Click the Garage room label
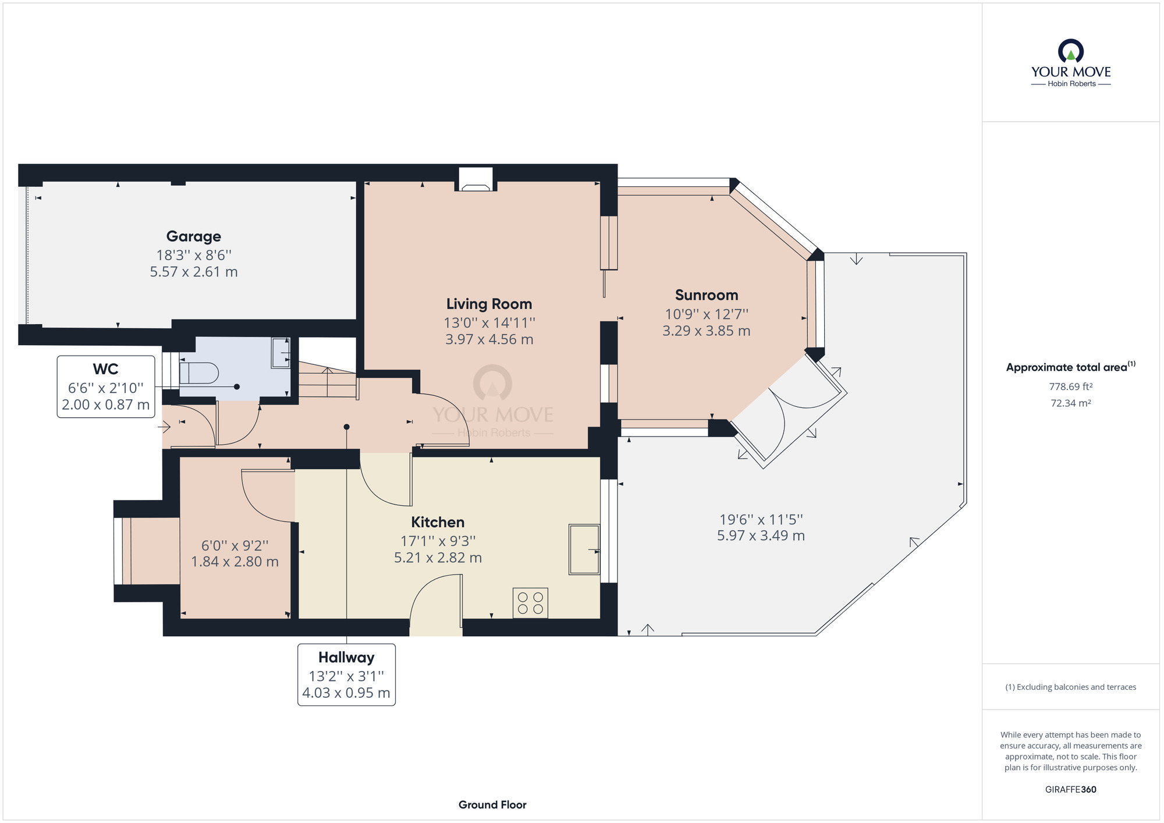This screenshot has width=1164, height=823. pos(194,236)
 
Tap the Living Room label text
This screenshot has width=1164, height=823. pos(489,304)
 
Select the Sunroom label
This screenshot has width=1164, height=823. pos(707,295)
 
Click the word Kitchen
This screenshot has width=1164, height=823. pos(438,522)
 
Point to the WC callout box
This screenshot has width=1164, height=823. pos(106,386)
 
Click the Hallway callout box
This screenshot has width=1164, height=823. pos(346,675)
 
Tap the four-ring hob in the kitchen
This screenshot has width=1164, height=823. pos(530,603)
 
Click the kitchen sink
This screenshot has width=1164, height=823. pos(584,549)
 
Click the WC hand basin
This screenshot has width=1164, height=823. pos(281,353)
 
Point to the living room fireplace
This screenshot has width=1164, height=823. pos(475,179)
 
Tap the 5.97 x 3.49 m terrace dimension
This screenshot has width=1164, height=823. pos(761,536)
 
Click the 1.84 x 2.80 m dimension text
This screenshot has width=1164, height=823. pos(235,562)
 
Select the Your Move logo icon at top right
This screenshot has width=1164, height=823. pos(1071,51)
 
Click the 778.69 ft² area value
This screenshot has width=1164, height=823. pos(1071,386)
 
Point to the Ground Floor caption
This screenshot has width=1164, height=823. pos(492,805)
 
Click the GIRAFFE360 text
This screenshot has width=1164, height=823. pos(1071,790)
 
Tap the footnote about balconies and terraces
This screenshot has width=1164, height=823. pos(1071,687)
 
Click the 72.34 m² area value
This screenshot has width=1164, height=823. pos(1071,403)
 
